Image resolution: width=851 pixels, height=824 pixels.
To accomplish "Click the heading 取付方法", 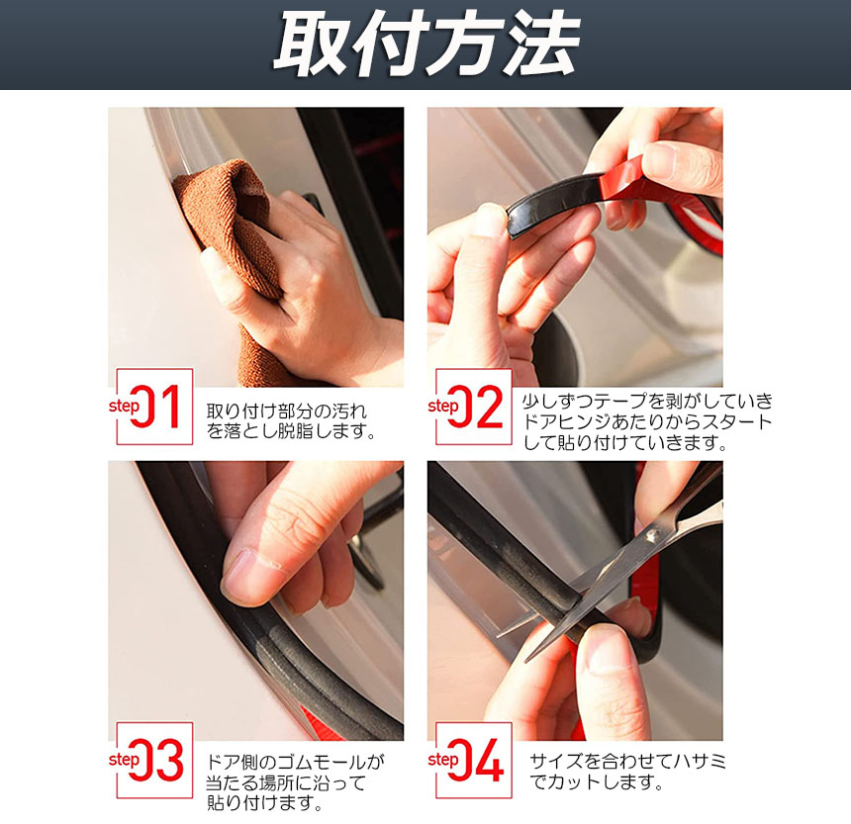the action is coord(426,45).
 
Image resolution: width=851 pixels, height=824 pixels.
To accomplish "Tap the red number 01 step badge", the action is coord(154,407).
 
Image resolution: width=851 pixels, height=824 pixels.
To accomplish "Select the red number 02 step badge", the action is coord(474,407).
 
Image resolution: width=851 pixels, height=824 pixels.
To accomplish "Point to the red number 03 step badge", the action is coord(154,760).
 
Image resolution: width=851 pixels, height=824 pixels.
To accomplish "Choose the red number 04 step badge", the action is coord(474,760).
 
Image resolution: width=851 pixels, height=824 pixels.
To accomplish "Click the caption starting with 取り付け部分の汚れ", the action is coord(291,421).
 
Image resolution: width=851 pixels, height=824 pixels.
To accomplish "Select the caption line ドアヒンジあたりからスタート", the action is coord(647,422).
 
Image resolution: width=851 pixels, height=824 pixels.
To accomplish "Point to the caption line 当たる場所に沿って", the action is coord(285,782).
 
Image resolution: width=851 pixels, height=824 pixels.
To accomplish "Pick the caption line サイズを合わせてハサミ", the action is coord(627,762).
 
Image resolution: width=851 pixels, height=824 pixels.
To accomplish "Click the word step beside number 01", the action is coord(125,406).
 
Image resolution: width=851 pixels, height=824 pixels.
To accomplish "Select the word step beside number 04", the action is coord(443,760).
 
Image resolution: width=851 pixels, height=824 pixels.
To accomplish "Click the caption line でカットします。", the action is coord(597,782).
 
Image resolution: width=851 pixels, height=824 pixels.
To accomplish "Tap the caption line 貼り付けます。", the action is coord(265,803).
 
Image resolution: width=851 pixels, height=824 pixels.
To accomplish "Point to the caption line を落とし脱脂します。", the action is coord(291,431).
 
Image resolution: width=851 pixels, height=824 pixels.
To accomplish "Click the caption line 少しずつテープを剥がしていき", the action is coord(647,401).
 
